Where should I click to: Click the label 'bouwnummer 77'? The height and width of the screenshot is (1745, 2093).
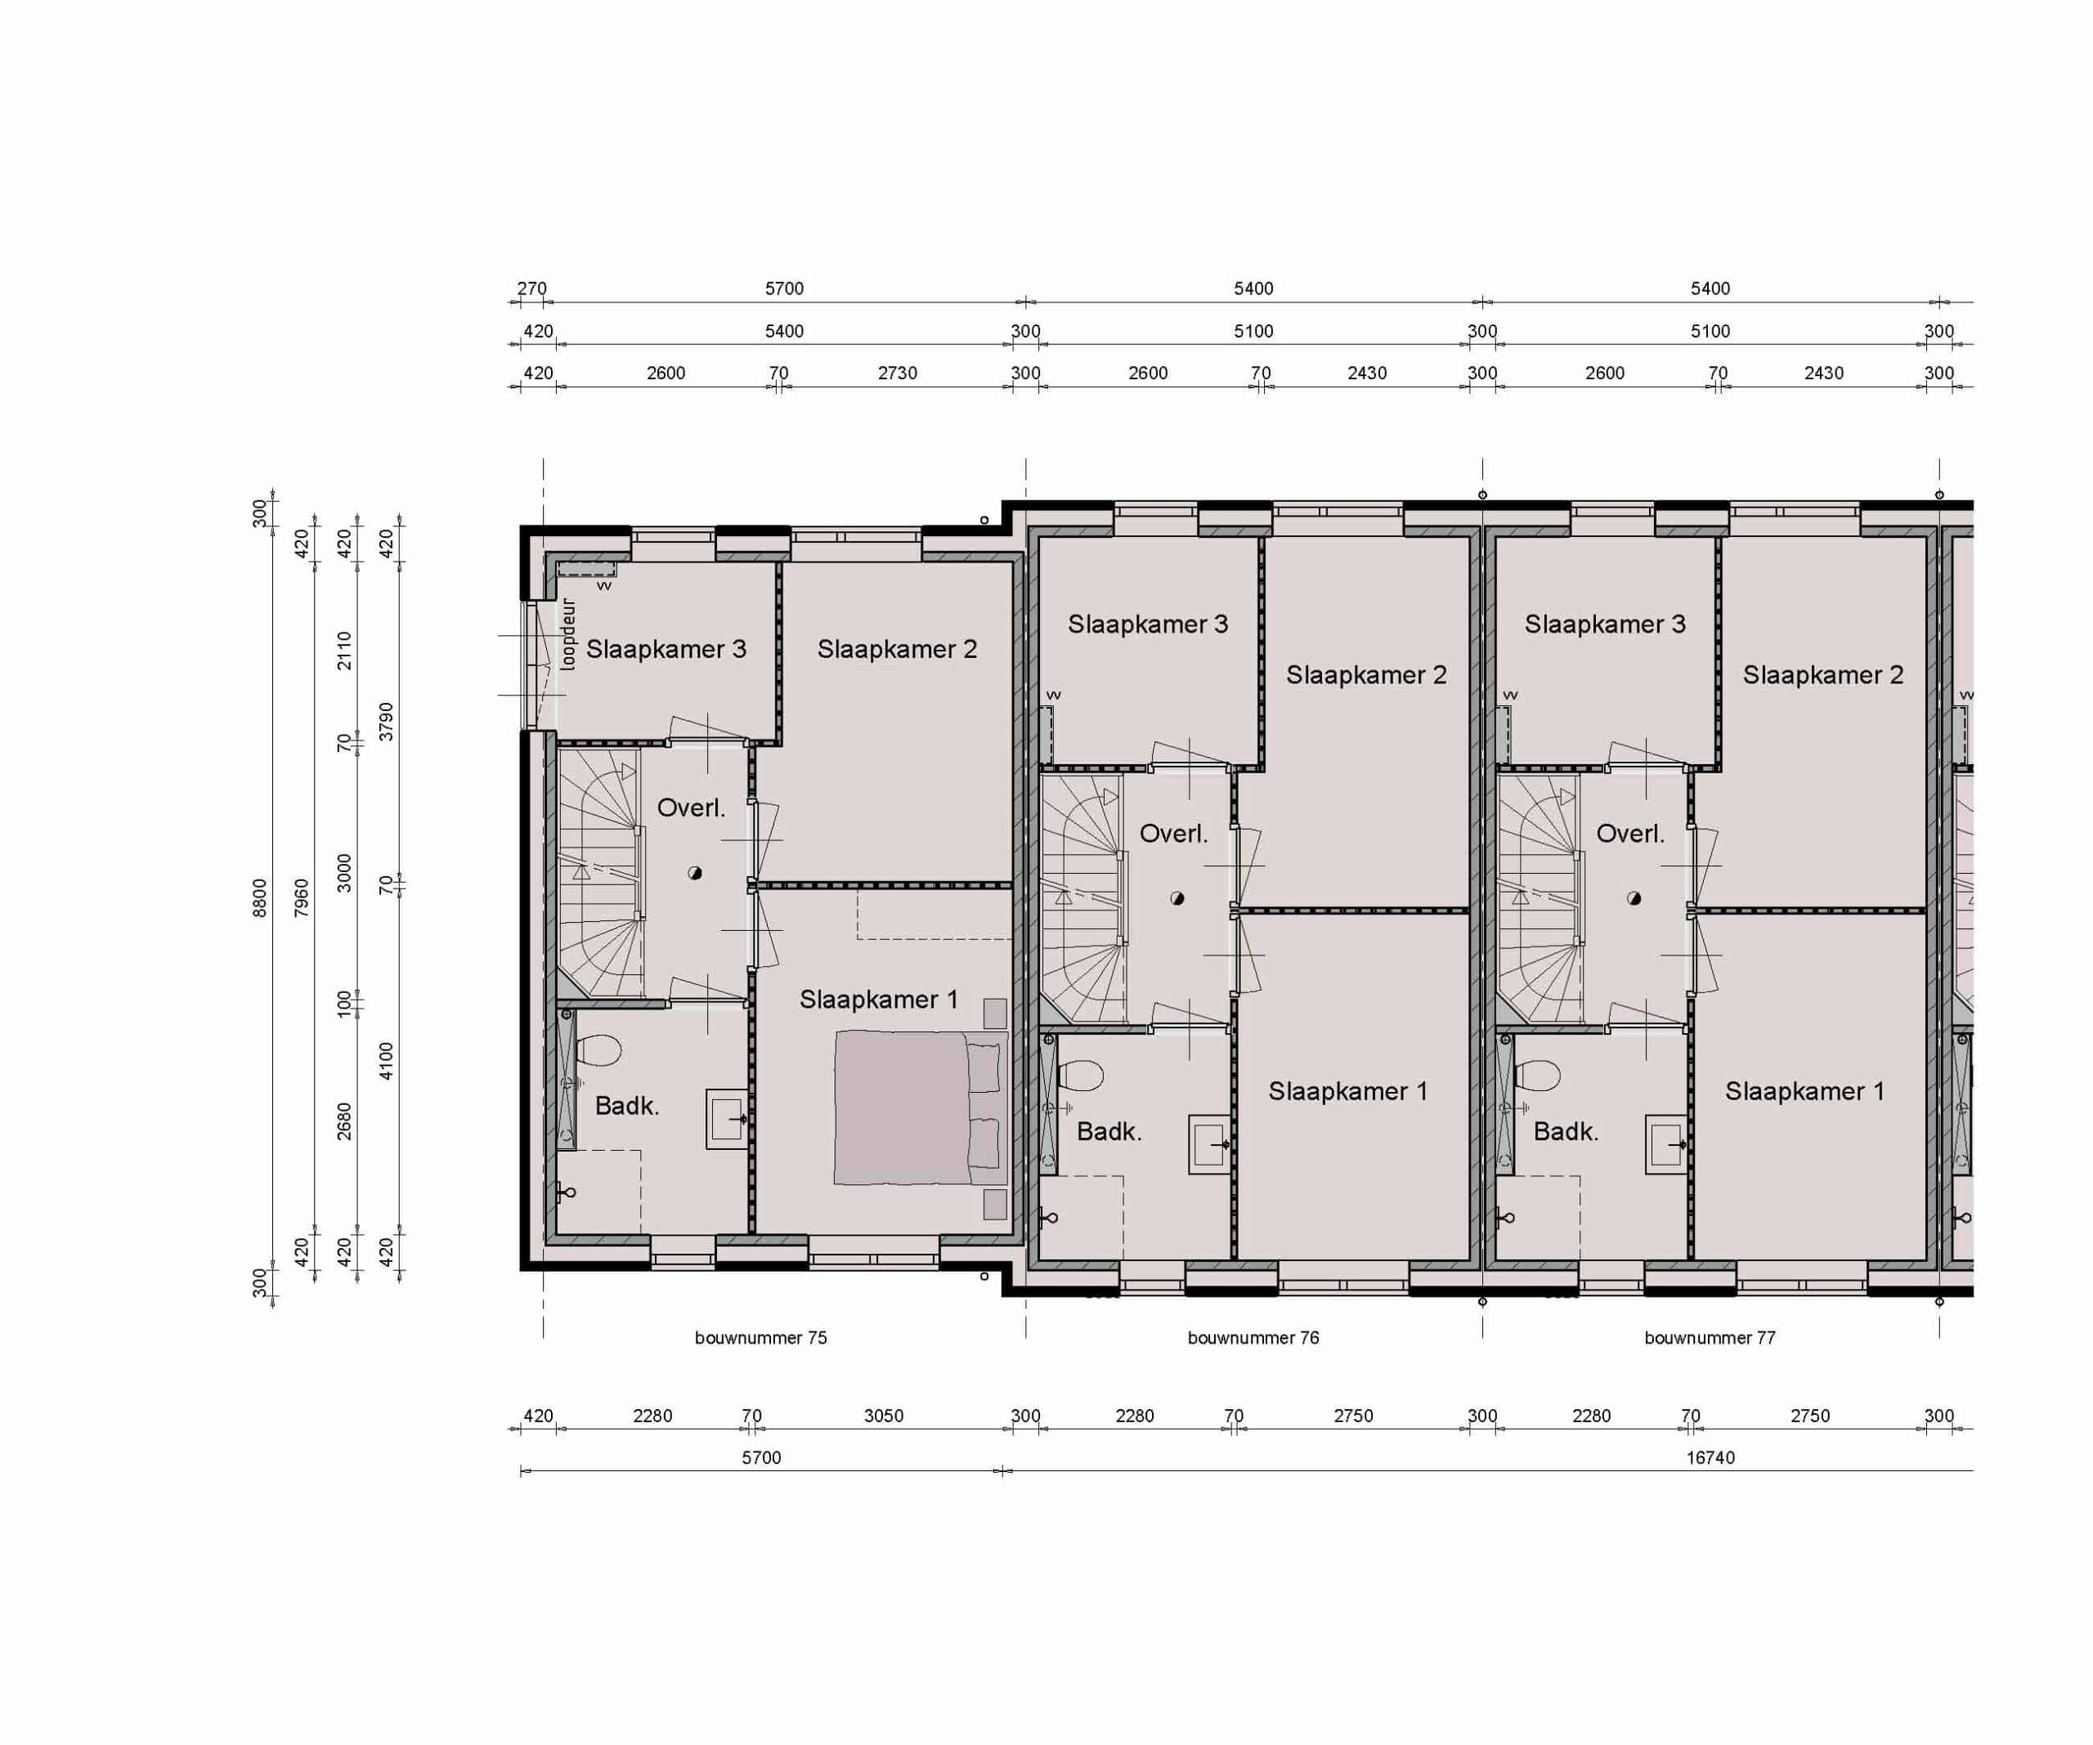pyautogui.click(x=1710, y=1337)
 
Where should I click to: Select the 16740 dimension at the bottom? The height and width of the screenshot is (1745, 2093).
pyautogui.click(x=1710, y=1457)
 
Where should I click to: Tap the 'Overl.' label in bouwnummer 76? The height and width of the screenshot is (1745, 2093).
pyautogui.click(x=1173, y=833)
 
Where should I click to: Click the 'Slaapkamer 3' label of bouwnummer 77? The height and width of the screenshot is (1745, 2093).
pyautogui.click(x=1605, y=624)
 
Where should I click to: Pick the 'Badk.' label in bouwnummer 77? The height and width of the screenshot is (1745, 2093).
pyautogui.click(x=1566, y=1131)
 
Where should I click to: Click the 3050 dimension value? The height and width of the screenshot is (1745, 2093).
pyautogui.click(x=883, y=1415)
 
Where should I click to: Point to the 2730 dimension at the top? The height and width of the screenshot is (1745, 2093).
pyautogui.click(x=897, y=373)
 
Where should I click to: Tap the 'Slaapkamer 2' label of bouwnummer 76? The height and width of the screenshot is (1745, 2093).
pyautogui.click(x=1365, y=674)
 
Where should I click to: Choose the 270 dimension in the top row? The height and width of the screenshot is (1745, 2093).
pyautogui.click(x=531, y=288)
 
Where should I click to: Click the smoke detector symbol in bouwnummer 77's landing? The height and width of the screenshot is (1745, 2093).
pyautogui.click(x=1634, y=898)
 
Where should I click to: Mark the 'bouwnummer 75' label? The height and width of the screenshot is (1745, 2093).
pyautogui.click(x=760, y=1337)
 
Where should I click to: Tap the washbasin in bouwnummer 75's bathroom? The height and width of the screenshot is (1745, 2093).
pyautogui.click(x=728, y=1119)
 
